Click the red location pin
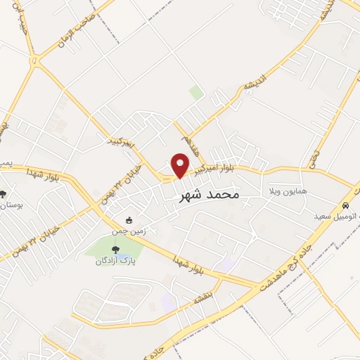(x=181, y=165)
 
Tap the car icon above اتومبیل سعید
(x=345, y=205)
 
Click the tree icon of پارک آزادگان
(x=115, y=248)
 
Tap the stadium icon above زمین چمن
(x=128, y=217)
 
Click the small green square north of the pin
(x=196, y=93)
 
